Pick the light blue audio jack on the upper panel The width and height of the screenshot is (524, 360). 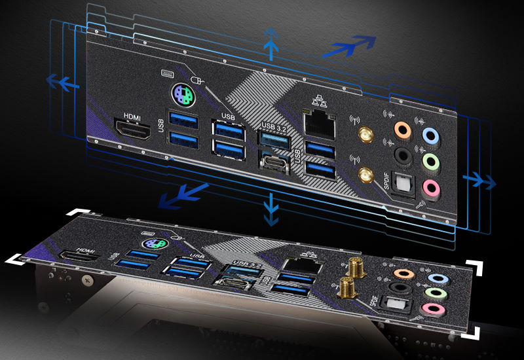pyautogui.click(x=430, y=135)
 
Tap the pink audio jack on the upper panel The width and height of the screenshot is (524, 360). pyautogui.click(x=430, y=187)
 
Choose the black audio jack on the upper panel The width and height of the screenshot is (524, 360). pyautogui.click(x=402, y=155)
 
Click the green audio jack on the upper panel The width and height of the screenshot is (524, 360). pyautogui.click(x=430, y=161)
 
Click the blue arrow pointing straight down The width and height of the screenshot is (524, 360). pyautogui.click(x=269, y=210)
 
